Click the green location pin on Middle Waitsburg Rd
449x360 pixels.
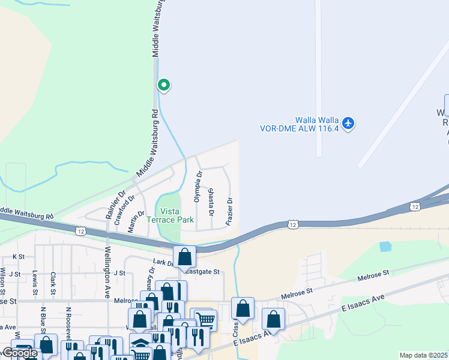(163, 86)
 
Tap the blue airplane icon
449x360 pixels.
(349, 124)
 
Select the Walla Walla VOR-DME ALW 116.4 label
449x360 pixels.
(299, 124)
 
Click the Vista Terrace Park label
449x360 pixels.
(177, 215)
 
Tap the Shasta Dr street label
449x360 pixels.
(211, 202)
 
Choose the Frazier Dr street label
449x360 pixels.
(229, 211)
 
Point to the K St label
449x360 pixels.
(19, 256)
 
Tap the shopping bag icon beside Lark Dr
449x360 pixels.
(185, 256)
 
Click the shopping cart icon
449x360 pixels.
(206, 320)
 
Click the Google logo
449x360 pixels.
(20, 353)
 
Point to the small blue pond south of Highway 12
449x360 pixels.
(385, 246)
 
